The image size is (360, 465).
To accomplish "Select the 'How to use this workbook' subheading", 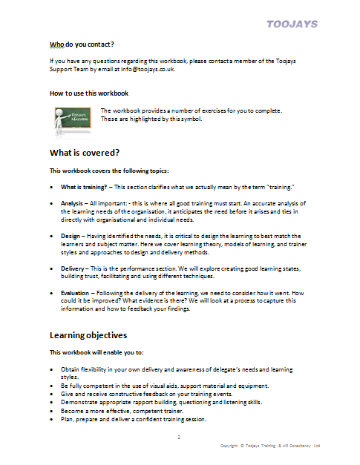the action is click(x=89, y=93).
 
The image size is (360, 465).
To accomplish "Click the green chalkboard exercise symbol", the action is click(x=73, y=117).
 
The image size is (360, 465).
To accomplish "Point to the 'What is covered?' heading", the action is click(x=84, y=153).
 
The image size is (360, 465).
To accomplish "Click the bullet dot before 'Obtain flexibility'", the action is click(x=51, y=369).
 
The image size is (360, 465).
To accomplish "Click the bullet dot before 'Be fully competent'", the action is click(x=51, y=386).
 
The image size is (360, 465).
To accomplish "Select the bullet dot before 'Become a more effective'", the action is click(x=51, y=411).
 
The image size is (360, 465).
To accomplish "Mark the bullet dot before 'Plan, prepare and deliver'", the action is click(x=51, y=419).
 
